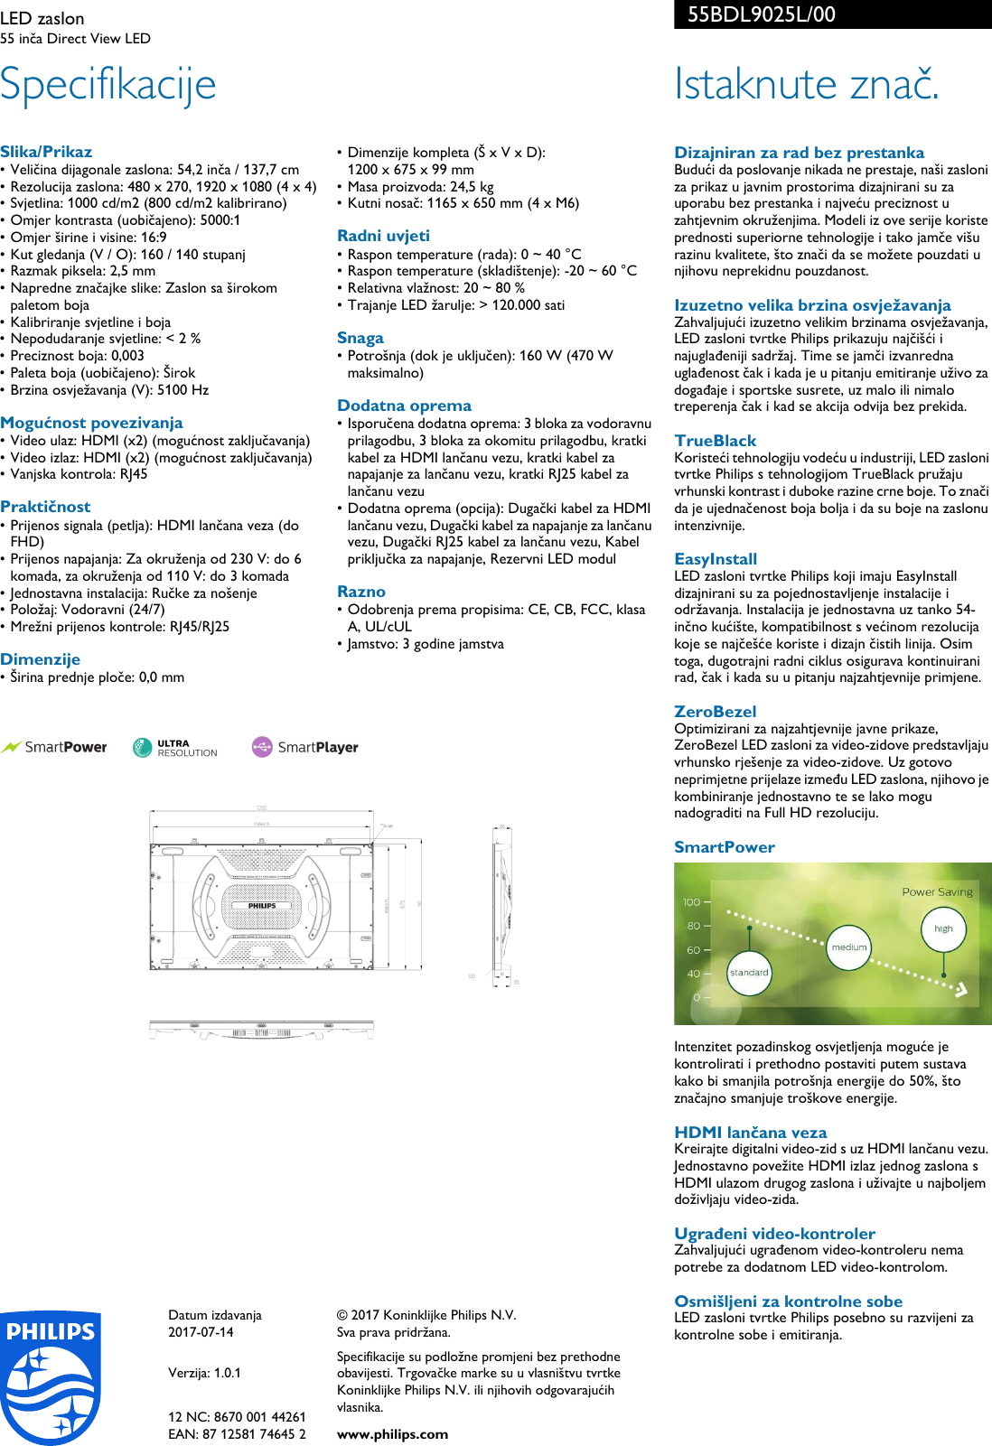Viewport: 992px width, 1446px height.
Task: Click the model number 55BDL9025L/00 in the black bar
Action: pyautogui.click(x=761, y=14)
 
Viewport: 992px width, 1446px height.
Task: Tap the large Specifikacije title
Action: pyautogui.click(x=108, y=84)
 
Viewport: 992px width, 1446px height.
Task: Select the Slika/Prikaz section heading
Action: pyautogui.click(x=46, y=152)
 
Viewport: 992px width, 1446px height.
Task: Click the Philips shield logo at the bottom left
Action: pyautogui.click(x=51, y=1377)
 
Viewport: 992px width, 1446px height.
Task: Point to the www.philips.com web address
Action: pyautogui.click(x=392, y=1434)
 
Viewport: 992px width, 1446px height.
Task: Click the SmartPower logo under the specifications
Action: pyautogui.click(x=54, y=747)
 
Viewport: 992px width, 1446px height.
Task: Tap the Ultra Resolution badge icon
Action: pyautogui.click(x=143, y=747)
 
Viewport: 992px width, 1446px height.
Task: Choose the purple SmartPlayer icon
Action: pyautogui.click(x=262, y=747)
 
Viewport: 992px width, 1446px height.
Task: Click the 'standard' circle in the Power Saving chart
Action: pyautogui.click(x=749, y=973)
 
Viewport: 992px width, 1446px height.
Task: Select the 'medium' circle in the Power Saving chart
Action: pyautogui.click(x=849, y=947)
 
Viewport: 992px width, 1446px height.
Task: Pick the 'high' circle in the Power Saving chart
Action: pyautogui.click(x=943, y=928)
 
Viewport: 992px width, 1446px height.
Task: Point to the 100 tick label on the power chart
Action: pyautogui.click(x=691, y=902)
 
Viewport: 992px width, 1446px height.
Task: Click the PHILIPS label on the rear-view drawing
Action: pyautogui.click(x=262, y=905)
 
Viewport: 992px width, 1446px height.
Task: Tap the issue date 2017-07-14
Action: pyautogui.click(x=201, y=1332)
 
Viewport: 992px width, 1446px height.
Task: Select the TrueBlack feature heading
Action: pyautogui.click(x=715, y=441)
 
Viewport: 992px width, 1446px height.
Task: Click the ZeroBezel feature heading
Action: pyautogui.click(x=715, y=712)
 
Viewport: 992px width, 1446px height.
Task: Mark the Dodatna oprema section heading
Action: pyautogui.click(x=404, y=406)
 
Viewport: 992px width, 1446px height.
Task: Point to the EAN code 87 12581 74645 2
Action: pyautogui.click(x=237, y=1434)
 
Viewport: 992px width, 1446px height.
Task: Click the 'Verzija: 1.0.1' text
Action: pyautogui.click(x=204, y=1373)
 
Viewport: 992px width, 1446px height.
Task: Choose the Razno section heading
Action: pyautogui.click(x=361, y=592)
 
